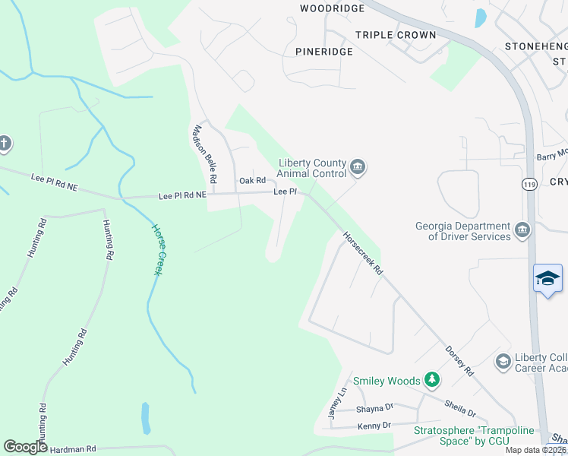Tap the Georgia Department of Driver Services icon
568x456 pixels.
[x=522, y=230]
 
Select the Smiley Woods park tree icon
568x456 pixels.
[x=431, y=378]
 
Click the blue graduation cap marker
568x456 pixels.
[x=547, y=278]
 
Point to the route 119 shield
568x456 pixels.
[x=529, y=184]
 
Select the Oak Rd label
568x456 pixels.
[x=252, y=180]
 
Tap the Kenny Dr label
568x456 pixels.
[x=374, y=425]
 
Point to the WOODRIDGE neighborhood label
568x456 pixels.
[x=332, y=8]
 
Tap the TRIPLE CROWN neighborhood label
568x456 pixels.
[x=396, y=35]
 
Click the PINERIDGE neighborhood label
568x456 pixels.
[x=324, y=51]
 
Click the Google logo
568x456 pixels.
[x=26, y=447]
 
